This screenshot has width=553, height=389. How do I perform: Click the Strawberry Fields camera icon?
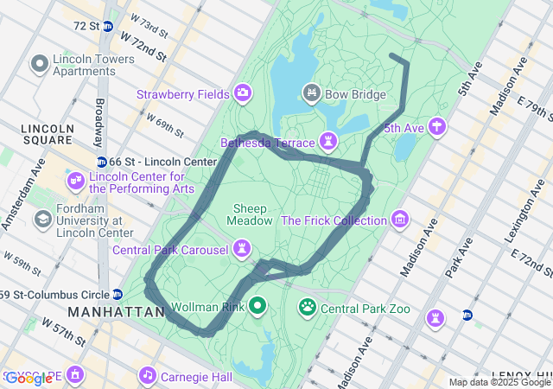pos(243,93)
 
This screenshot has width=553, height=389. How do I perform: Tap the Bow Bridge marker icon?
pos(311,92)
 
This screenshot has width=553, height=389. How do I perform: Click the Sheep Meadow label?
pos(249,214)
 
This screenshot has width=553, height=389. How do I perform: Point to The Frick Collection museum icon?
pos(399,220)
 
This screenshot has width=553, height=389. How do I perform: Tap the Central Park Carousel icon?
pos(243,250)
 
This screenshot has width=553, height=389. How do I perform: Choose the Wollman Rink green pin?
pos(257,306)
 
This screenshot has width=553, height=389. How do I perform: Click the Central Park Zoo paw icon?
pos(307,307)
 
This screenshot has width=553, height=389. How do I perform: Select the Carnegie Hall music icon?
pos(148,376)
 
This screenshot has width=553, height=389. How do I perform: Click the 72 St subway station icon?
pos(107,27)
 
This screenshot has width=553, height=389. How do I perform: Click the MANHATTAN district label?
pos(116,311)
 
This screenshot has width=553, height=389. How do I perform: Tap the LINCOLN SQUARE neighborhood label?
pos(47,134)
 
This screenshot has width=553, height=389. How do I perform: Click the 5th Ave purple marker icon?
pos(437,128)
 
